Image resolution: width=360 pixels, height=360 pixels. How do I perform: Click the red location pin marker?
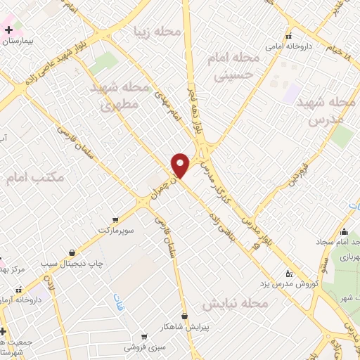[181, 165]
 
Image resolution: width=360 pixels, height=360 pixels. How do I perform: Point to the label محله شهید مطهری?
[121, 97]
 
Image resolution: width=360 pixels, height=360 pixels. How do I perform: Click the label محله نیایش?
[236, 304]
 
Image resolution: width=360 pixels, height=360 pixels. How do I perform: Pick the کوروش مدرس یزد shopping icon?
[288, 271]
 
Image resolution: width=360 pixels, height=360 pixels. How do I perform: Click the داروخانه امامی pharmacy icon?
[288, 36]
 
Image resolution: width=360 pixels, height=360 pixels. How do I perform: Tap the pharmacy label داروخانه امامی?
[289, 46]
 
